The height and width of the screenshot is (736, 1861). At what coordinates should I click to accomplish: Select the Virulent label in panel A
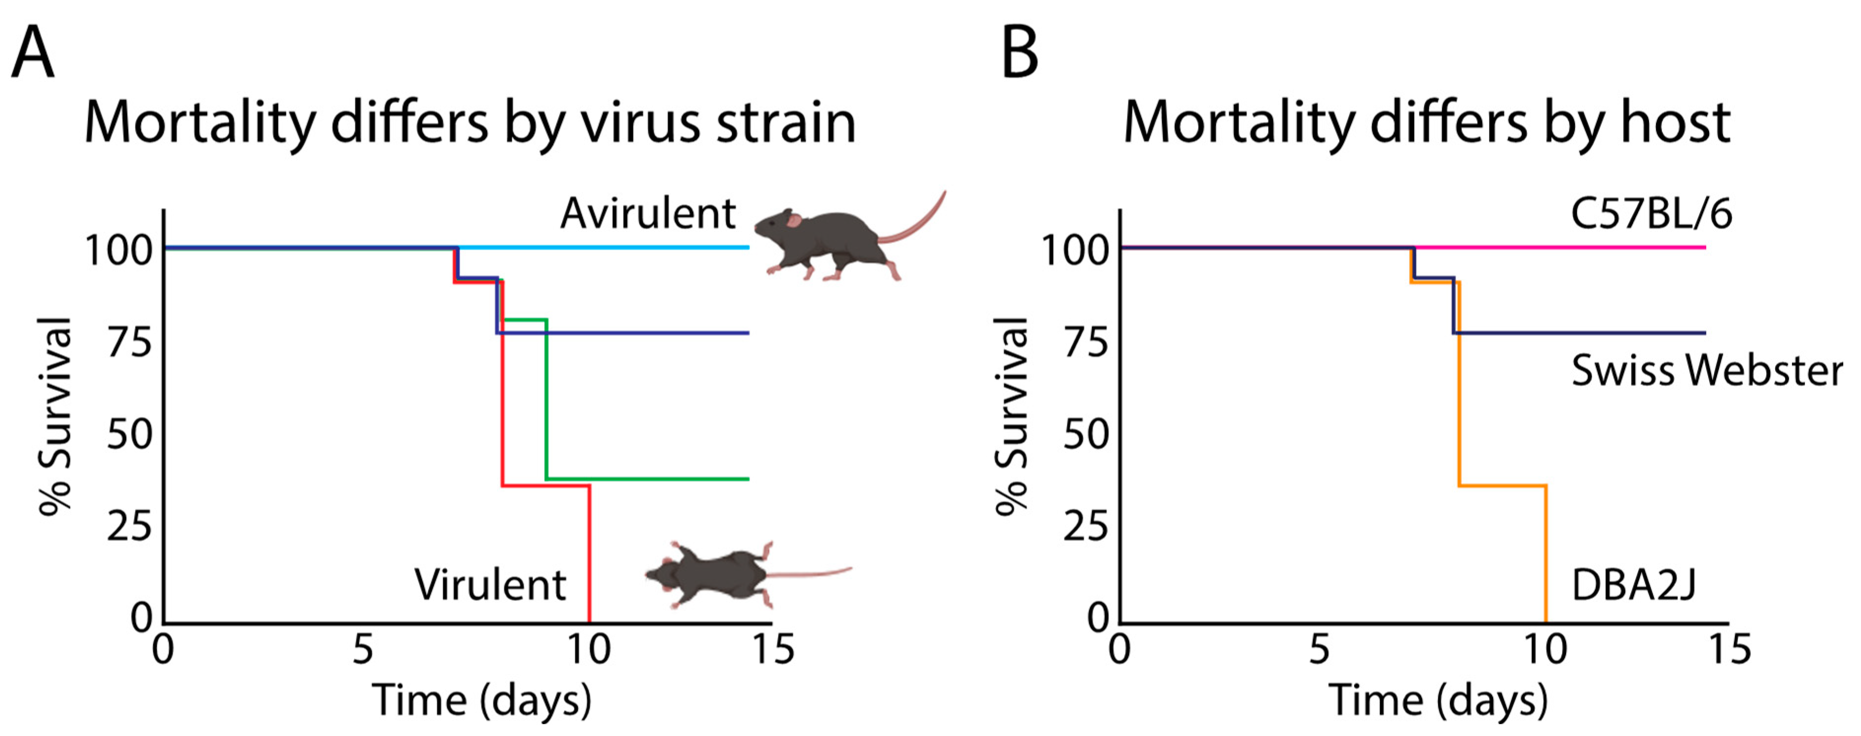490,585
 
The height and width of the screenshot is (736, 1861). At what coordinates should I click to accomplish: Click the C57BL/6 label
1651,214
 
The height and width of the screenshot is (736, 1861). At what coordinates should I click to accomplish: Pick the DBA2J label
1633,585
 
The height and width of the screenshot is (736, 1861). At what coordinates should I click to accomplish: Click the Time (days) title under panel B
1438,701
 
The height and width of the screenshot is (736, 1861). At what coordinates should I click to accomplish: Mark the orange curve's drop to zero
1545,556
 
